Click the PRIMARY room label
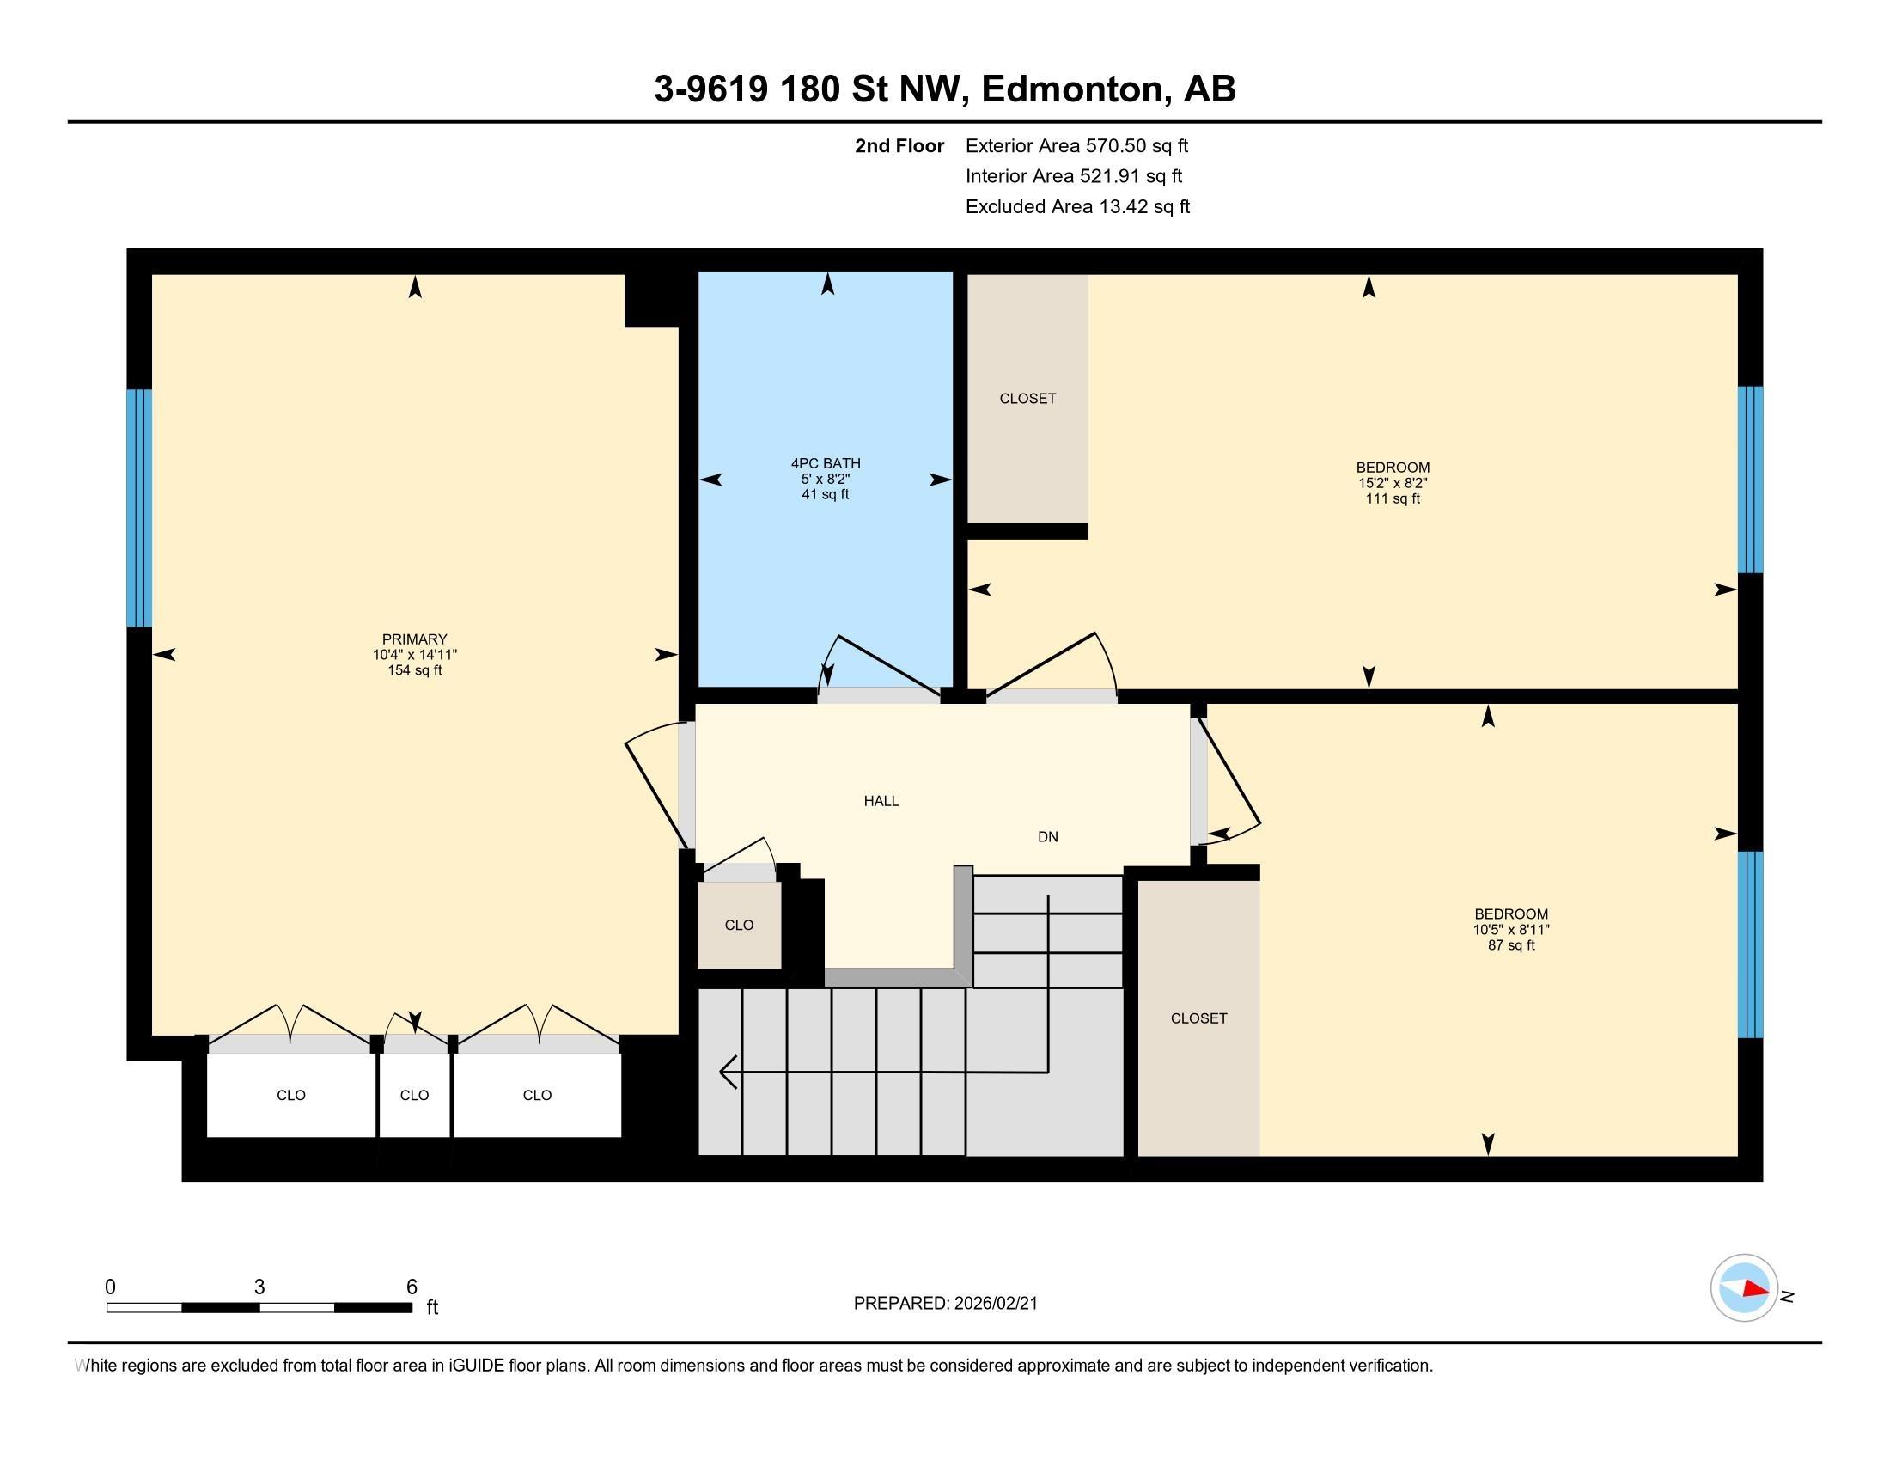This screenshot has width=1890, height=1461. point(415,639)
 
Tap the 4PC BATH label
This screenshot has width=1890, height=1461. point(826,464)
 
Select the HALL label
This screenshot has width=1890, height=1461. point(881,802)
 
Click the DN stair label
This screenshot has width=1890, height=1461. point(1048,837)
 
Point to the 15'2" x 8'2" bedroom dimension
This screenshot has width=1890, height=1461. point(1393,484)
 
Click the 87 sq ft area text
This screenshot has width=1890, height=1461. point(1511,946)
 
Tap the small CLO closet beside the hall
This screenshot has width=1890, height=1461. point(739,926)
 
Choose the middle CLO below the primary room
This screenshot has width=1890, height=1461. point(415,1095)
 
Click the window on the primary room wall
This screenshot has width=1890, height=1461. point(139,508)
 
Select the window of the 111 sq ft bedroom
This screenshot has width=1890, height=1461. point(1751,480)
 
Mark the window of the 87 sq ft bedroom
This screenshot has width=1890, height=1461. point(1751,944)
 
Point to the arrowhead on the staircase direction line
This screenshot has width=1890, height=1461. point(727,1073)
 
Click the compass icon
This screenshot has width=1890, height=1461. point(1744,1288)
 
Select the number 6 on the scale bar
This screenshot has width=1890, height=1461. point(412,1287)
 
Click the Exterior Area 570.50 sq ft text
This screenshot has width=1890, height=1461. point(1076,146)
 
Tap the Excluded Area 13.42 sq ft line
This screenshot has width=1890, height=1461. point(1077,207)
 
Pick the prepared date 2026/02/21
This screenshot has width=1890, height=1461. point(995,1304)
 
